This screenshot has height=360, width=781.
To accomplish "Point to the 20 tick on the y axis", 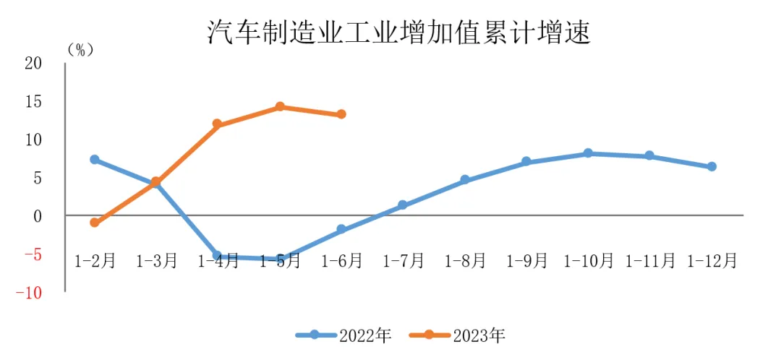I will [33, 64].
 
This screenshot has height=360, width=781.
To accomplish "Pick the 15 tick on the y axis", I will [33, 102].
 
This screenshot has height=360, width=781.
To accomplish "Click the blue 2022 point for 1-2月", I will [95, 159].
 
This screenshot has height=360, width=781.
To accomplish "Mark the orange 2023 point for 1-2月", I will [95, 223].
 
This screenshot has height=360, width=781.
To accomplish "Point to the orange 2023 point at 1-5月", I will [280, 107].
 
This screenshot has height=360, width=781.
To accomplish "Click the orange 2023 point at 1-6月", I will [341, 114].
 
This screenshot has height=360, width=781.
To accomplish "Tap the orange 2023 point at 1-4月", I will [218, 124].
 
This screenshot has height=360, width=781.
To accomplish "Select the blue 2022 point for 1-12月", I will [712, 166].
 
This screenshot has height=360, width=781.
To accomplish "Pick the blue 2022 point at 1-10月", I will [588, 153].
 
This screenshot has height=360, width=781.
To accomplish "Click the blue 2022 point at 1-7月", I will [403, 205].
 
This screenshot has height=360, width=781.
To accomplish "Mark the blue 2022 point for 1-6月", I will [341, 229].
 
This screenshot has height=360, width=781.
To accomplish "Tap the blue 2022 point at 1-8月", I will [465, 179].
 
